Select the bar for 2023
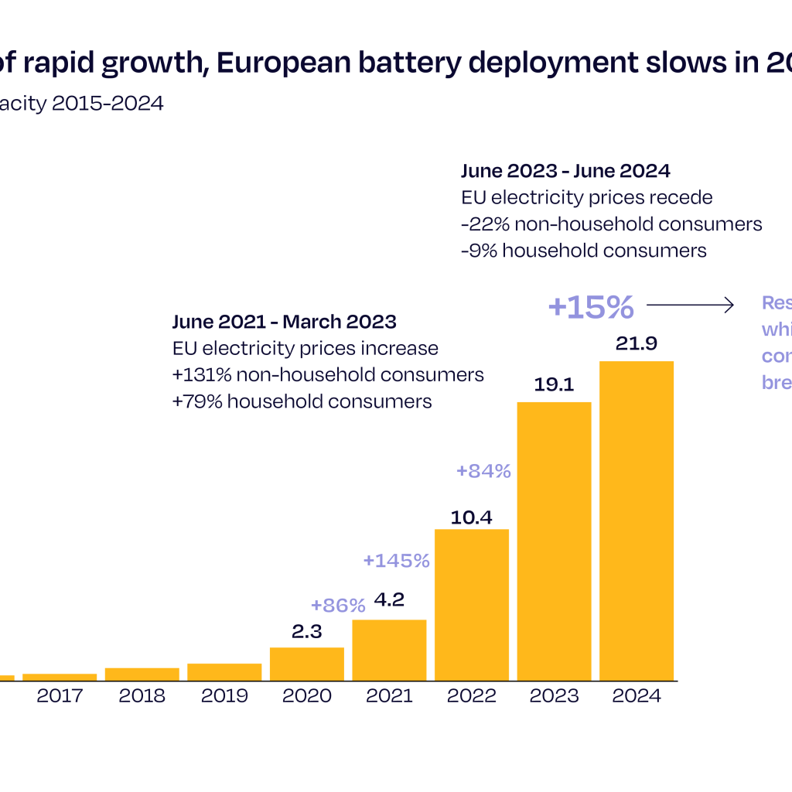click(554, 541)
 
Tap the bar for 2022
click(472, 605)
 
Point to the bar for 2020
click(307, 664)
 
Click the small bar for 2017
click(60, 677)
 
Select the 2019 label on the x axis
click(224, 696)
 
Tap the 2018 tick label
click(142, 696)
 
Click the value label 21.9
click(637, 343)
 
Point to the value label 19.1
click(554, 384)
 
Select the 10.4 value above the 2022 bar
click(472, 517)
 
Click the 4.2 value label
click(389, 600)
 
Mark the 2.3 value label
click(307, 631)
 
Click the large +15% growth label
click(591, 307)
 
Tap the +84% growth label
click(483, 471)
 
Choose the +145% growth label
click(396, 561)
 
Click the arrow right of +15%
click(690, 306)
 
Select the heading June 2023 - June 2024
click(565, 171)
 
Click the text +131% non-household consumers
click(328, 374)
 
